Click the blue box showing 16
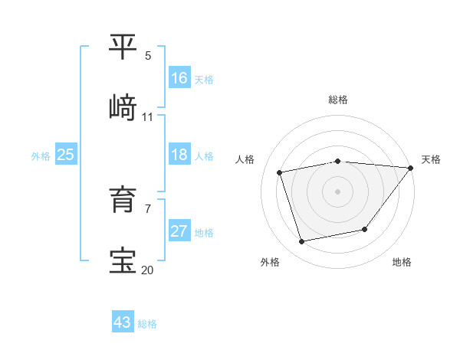pyautogui.click(x=179, y=78)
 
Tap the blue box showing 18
pyautogui.click(x=179, y=155)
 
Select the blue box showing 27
pyautogui.click(x=179, y=231)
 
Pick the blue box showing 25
pyautogui.click(x=66, y=155)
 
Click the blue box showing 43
pyautogui.click(x=123, y=322)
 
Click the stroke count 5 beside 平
pyautogui.click(x=148, y=56)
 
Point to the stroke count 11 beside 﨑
pyautogui.click(x=148, y=117)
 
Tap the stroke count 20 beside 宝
pyautogui.click(x=148, y=270)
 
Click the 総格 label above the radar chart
pyautogui.click(x=338, y=100)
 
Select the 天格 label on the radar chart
pyautogui.click(x=431, y=159)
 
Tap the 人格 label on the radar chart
pyautogui.click(x=245, y=159)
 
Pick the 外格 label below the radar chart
pyautogui.click(x=270, y=262)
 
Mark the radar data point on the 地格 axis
pyautogui.click(x=366, y=229)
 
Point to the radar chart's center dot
pyautogui.click(x=338, y=191)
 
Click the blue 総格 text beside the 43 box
pyautogui.click(x=147, y=324)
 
